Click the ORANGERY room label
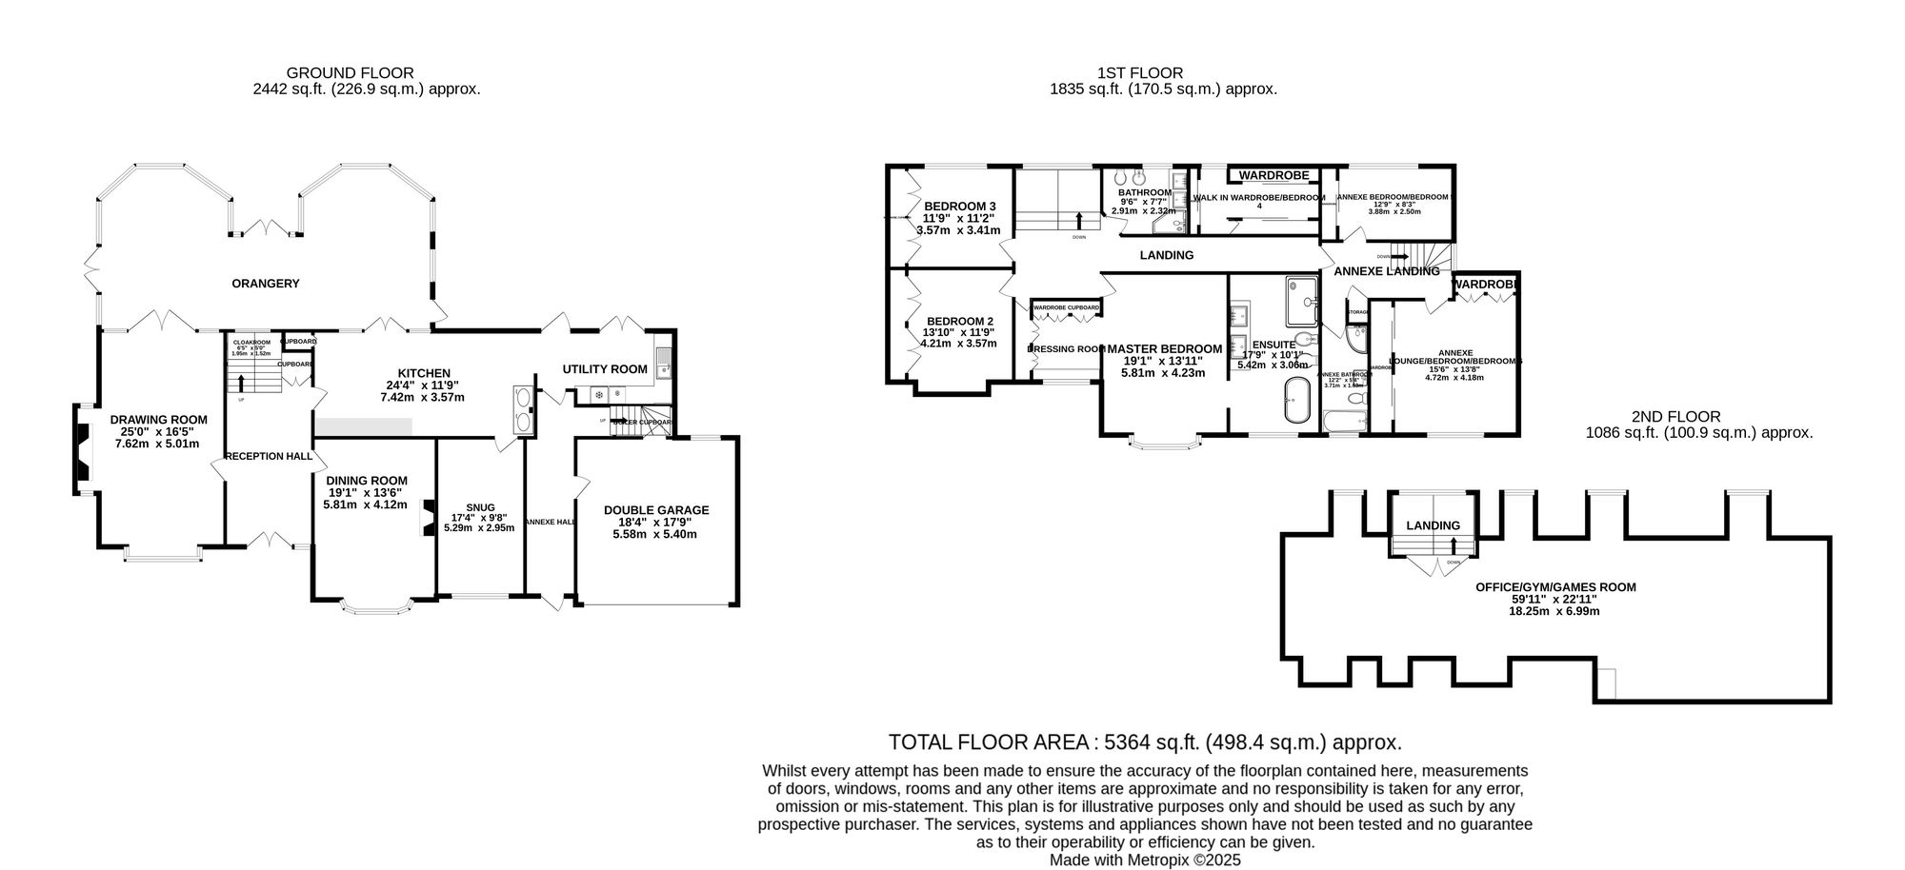(x=266, y=284)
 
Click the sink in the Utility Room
(x=663, y=363)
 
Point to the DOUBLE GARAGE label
(x=656, y=510)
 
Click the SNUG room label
(x=480, y=507)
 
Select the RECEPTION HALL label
(x=269, y=457)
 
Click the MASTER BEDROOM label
(x=1164, y=349)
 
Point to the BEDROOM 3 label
(x=959, y=207)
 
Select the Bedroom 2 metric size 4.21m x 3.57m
(x=958, y=344)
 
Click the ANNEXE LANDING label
(x=1386, y=271)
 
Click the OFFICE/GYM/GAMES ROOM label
(x=1554, y=587)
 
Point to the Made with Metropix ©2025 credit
(x=1145, y=860)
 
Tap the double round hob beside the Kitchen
(x=523, y=409)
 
